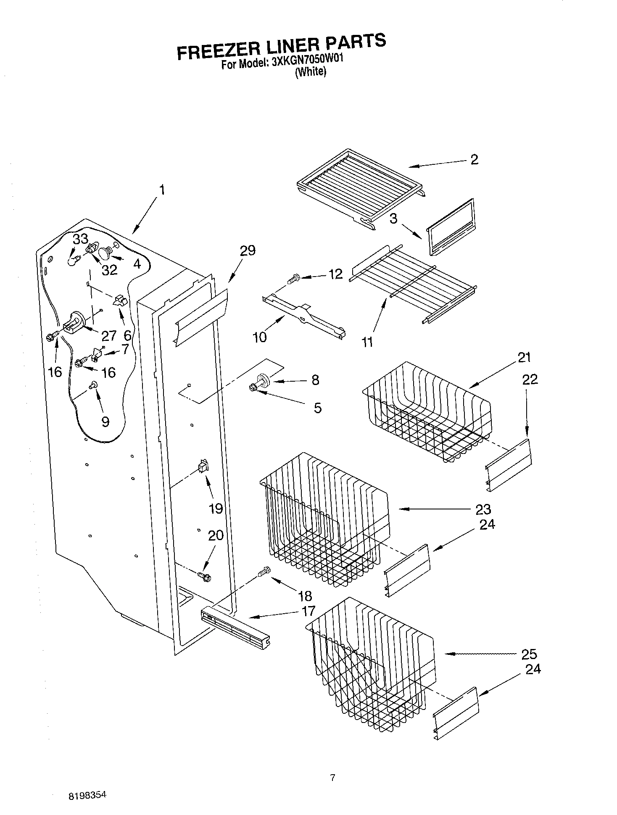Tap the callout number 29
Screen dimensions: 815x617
tap(247, 251)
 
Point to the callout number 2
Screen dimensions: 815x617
tap(474, 160)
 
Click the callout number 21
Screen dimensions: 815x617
tap(524, 358)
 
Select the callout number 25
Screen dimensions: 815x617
tap(529, 654)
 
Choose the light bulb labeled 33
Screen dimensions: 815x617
tap(73, 261)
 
